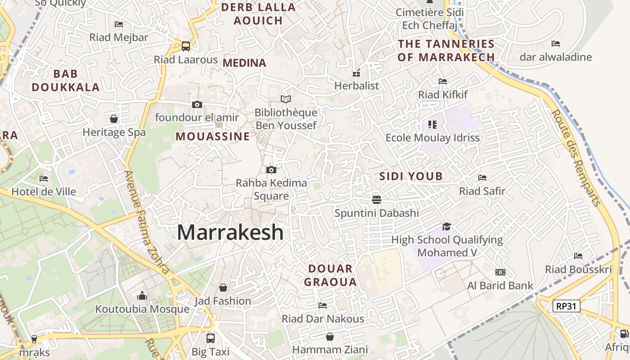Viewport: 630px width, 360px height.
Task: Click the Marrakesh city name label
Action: coord(230,233)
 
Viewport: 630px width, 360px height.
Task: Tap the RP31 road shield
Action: coord(566,306)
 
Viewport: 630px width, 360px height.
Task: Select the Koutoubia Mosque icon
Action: coord(142,296)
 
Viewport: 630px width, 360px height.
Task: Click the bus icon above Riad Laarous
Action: coord(185,46)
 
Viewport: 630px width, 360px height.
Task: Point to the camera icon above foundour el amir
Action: coord(197,104)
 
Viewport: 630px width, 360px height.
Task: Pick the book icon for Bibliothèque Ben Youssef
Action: coord(285,99)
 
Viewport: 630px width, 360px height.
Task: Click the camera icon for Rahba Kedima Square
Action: coord(271,170)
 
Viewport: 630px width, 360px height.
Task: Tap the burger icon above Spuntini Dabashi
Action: coord(376,199)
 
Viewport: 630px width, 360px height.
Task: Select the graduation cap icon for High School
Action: coord(446,226)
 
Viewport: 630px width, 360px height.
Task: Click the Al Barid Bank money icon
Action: coord(500,272)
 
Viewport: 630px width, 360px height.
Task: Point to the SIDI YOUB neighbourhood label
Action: coord(411,176)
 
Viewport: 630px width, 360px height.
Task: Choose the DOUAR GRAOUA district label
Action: coord(330,275)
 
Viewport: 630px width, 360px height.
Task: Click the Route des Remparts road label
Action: coord(576,157)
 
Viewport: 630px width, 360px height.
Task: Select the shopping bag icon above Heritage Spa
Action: coord(114,119)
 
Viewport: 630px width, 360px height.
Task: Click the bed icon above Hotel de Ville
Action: coord(44,178)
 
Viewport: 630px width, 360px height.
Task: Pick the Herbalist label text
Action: coord(356,85)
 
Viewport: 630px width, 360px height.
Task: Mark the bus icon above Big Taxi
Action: coord(210,338)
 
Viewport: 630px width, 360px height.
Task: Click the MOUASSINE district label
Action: coord(212,136)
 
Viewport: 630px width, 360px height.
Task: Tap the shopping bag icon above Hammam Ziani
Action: coord(330,337)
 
